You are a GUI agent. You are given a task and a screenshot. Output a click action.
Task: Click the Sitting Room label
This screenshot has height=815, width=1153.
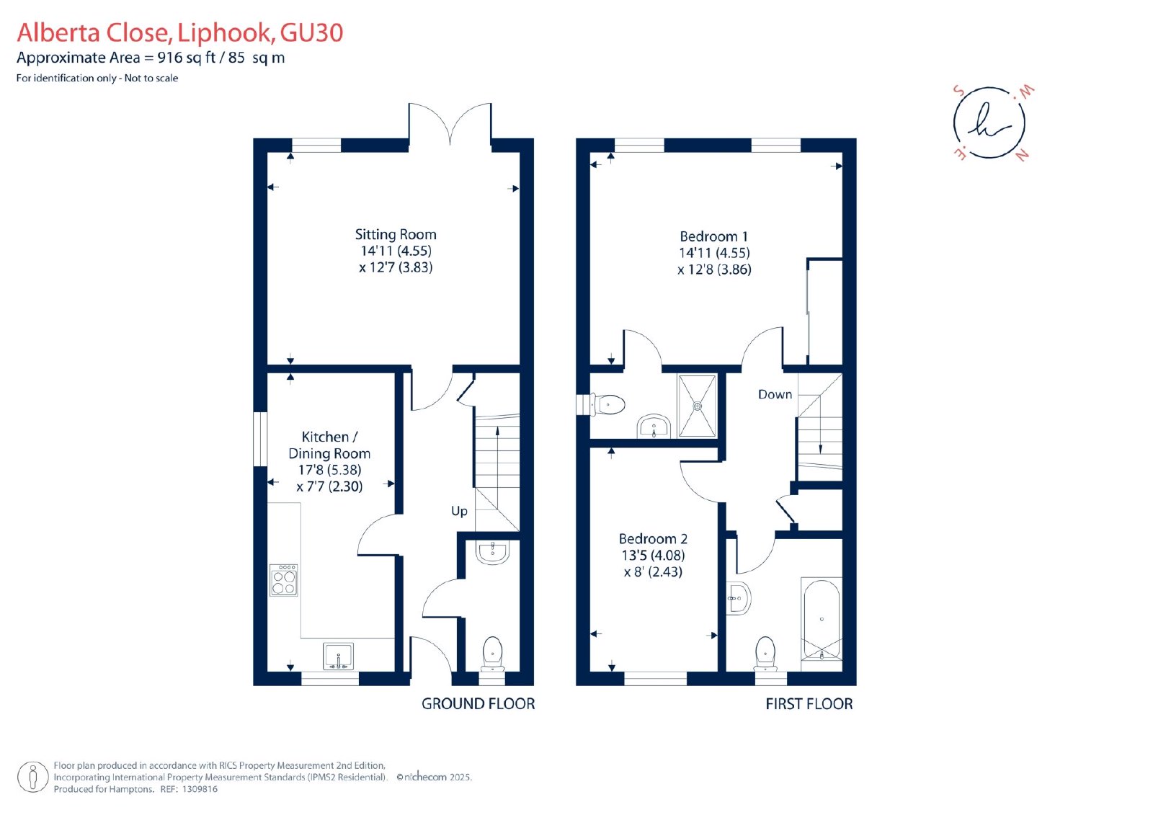click(x=396, y=235)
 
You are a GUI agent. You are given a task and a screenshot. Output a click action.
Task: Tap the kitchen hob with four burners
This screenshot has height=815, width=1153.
click(x=284, y=580)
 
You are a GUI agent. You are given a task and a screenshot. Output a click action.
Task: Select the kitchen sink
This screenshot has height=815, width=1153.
click(x=338, y=656)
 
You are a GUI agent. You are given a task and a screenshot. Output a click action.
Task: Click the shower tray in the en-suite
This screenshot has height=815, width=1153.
click(x=698, y=406)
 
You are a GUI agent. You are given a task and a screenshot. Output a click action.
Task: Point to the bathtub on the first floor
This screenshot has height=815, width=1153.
click(x=822, y=624)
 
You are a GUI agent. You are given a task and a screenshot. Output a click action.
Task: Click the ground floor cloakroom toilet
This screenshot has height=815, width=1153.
click(x=493, y=654)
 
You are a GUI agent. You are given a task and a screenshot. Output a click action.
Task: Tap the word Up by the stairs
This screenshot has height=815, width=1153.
click(x=459, y=511)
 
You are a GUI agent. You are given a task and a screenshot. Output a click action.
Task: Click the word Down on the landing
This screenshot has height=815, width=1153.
click(x=775, y=394)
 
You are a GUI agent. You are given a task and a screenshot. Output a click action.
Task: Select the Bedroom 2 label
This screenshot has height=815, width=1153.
click(x=653, y=538)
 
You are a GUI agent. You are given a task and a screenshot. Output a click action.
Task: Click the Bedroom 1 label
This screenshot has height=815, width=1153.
click(x=713, y=236)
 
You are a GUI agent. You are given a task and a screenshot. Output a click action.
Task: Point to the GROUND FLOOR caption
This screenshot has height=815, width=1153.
click(x=478, y=704)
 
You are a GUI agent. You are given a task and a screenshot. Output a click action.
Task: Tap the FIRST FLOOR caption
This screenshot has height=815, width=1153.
click(x=809, y=704)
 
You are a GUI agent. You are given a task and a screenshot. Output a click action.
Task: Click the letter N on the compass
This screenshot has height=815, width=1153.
click(x=1022, y=154)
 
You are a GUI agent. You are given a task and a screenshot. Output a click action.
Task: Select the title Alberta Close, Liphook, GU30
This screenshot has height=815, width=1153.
click(x=180, y=32)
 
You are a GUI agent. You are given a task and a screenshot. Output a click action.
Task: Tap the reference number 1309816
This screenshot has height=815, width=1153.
click(x=200, y=789)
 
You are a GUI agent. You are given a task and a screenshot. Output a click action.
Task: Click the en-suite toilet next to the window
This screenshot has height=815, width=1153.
click(x=607, y=405)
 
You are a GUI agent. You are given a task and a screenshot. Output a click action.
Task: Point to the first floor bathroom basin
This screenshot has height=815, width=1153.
click(x=739, y=599)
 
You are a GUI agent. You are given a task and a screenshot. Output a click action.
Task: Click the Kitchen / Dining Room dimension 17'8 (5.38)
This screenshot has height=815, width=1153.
click(x=329, y=470)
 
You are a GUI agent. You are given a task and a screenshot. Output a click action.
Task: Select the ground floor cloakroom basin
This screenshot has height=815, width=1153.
click(x=493, y=552)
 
